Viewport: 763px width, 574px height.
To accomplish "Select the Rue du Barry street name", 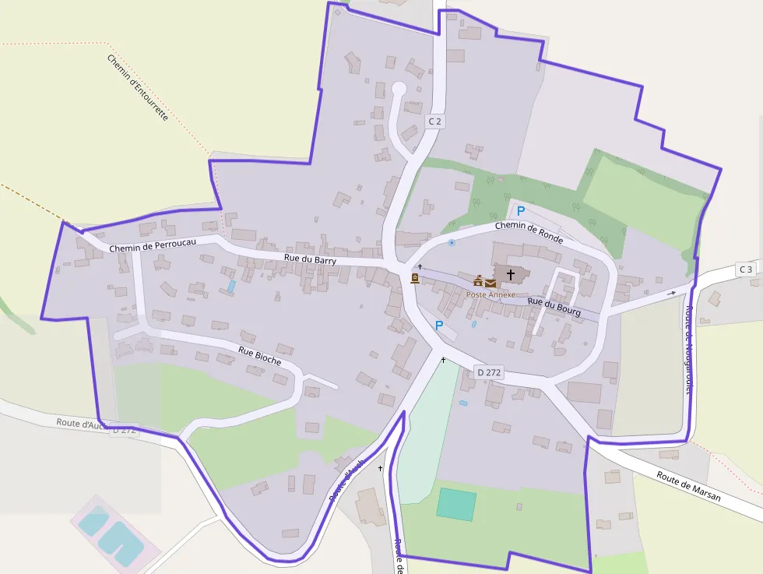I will (310, 260).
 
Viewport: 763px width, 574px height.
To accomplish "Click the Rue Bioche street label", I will (260, 356).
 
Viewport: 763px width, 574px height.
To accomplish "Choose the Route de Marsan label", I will (688, 487).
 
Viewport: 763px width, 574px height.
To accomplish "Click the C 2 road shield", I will (435, 121).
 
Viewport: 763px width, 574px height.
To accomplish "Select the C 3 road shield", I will (746, 269).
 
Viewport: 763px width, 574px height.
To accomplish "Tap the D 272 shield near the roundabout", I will (489, 373).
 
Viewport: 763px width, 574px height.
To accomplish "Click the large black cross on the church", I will (511, 274).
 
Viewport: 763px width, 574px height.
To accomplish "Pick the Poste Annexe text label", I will (491, 295).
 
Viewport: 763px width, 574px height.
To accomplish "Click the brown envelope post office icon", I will (490, 282).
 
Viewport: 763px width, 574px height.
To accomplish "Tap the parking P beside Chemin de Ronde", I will (521, 211).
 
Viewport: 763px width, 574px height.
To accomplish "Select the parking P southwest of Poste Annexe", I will (438, 326).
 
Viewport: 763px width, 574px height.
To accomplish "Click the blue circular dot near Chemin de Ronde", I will (452, 243).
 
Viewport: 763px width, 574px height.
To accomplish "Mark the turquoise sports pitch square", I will (456, 504).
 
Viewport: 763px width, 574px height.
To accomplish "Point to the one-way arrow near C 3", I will (672, 293).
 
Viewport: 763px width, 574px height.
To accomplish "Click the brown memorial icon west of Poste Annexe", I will (415, 278).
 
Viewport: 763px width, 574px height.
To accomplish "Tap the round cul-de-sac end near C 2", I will (399, 90).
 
